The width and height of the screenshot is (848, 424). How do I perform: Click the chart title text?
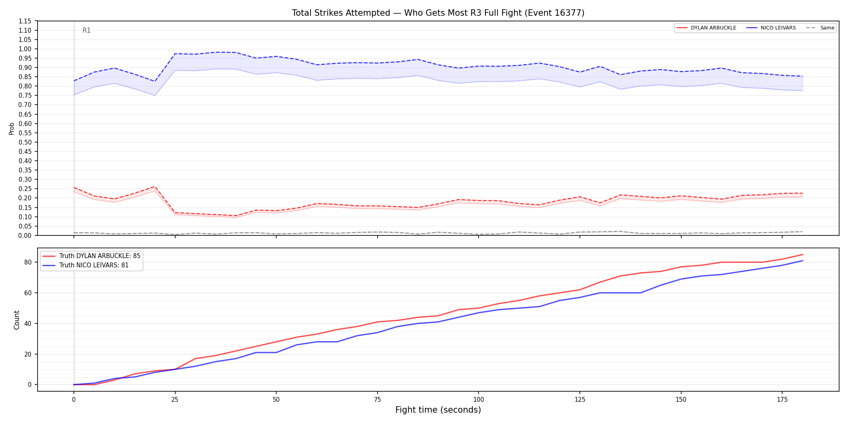coord(438,13)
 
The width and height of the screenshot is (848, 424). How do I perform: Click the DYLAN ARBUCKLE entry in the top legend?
coord(706,28)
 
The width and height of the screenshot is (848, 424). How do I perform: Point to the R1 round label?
coord(86,30)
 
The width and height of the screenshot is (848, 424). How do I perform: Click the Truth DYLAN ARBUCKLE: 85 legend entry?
coord(92,256)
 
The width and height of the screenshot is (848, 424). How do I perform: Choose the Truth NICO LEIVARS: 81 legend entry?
coord(86,265)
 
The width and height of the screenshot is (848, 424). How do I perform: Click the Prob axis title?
coord(12,128)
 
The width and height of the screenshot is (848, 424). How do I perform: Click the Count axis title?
coord(17,320)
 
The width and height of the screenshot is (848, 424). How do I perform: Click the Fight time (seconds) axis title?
coord(438,410)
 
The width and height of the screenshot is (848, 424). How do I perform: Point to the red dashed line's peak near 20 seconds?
coord(155,187)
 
